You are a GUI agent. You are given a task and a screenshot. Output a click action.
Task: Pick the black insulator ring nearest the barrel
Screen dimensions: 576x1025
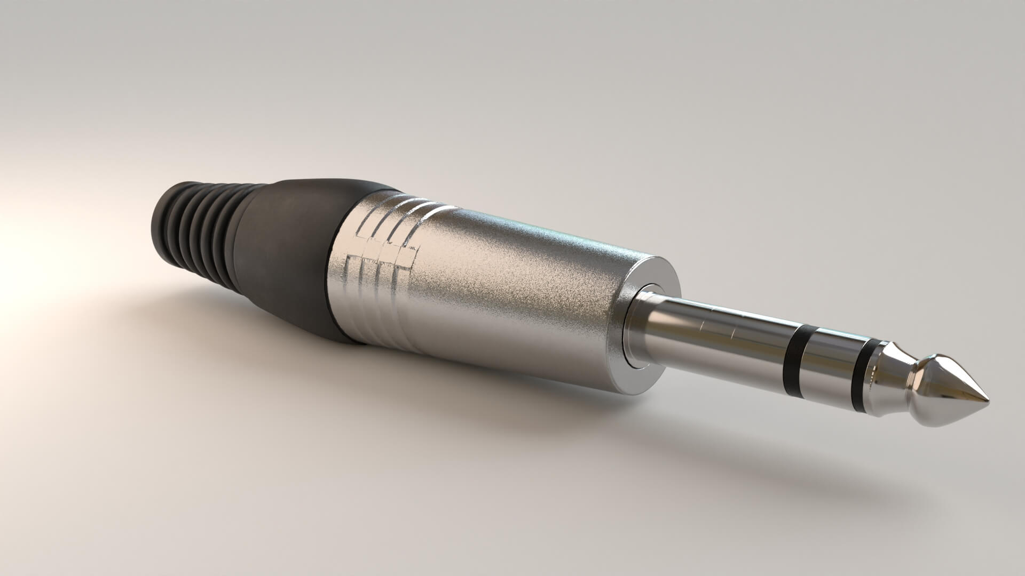coord(795,352)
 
